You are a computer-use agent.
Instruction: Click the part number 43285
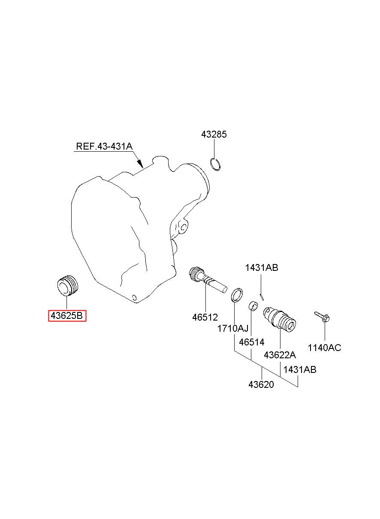click(214, 135)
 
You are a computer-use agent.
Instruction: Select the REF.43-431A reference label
click(104, 146)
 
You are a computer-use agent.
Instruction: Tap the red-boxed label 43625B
click(67, 316)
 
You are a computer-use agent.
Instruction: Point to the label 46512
click(205, 317)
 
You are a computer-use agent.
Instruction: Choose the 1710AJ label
click(233, 329)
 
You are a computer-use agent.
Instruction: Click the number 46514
click(252, 342)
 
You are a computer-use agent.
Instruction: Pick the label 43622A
click(280, 355)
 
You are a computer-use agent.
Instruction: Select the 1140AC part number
click(324, 348)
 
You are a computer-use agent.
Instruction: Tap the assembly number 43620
click(261, 384)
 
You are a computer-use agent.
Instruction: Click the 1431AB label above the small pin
click(262, 268)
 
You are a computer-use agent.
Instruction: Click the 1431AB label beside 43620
click(300, 369)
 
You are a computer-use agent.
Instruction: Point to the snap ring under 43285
click(215, 164)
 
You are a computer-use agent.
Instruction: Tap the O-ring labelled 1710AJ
click(236, 295)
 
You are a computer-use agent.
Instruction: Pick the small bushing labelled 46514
click(253, 306)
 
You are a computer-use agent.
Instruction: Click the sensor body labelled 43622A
click(280, 320)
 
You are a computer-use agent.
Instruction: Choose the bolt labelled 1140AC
click(321, 317)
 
